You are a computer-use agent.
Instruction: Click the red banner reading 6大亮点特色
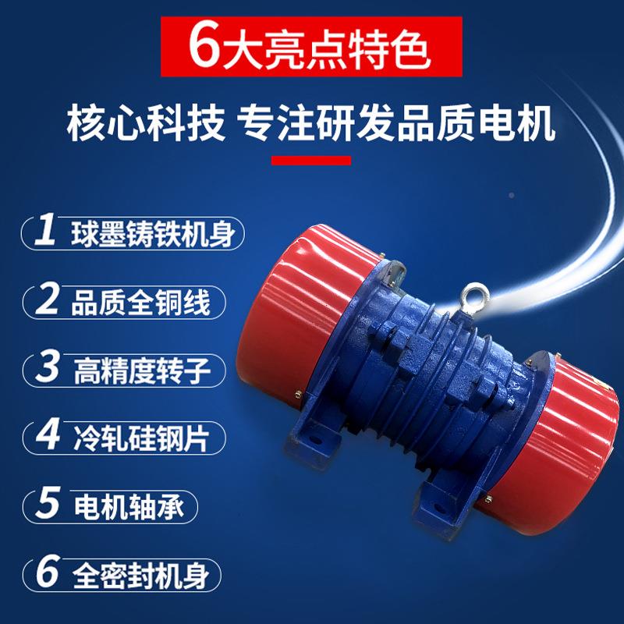312,48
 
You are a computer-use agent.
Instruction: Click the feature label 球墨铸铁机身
152,234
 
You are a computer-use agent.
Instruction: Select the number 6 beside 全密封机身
48,575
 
